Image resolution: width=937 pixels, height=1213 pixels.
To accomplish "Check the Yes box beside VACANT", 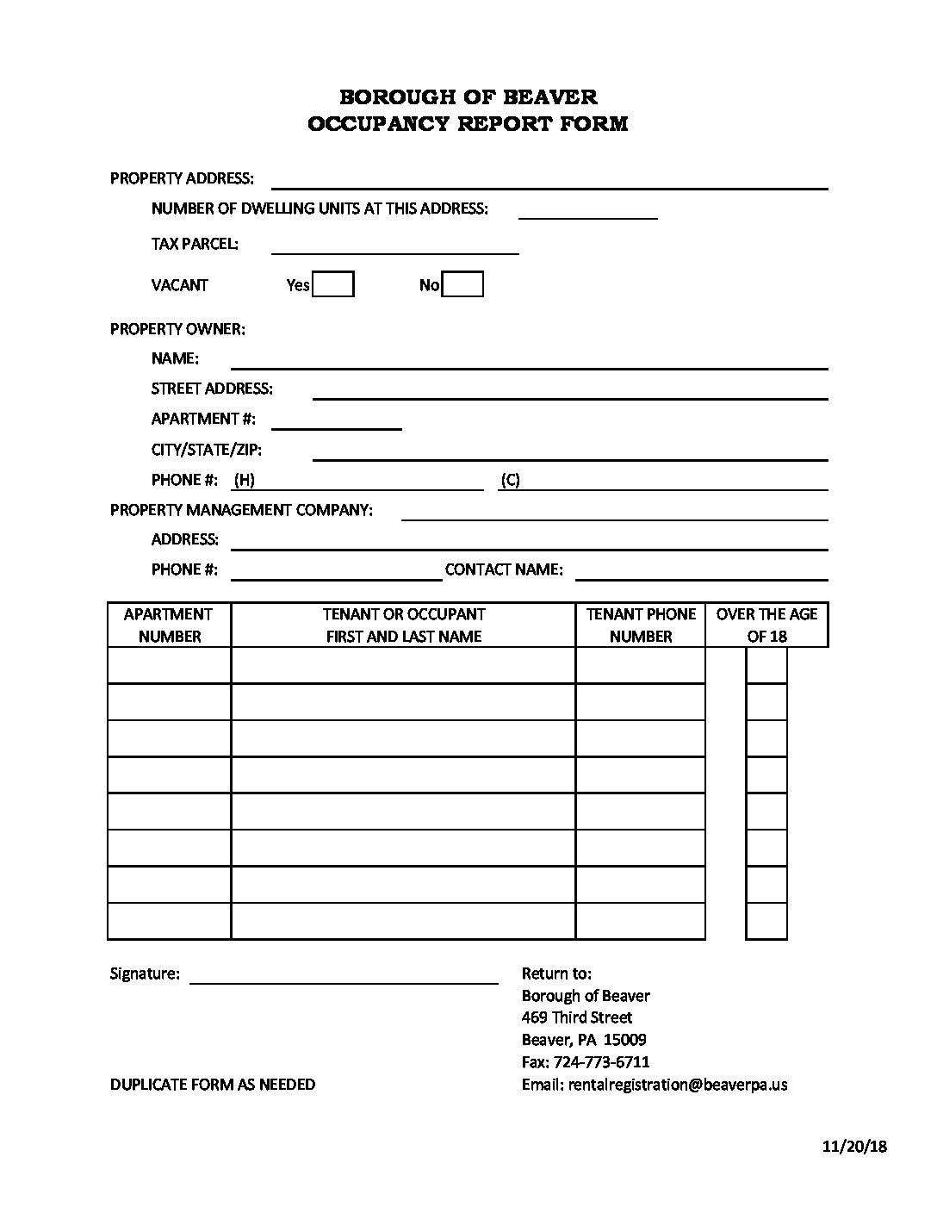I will pos(333,284).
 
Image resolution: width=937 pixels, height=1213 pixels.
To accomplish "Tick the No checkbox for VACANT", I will pos(462,284).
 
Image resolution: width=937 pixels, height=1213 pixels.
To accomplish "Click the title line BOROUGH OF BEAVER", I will pos(468,96).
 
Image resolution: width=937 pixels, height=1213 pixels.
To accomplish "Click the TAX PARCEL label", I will pos(195,244).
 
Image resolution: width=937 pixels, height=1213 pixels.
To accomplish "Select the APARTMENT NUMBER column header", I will pos(169,625).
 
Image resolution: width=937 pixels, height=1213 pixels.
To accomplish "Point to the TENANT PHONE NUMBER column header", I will pos(640,625).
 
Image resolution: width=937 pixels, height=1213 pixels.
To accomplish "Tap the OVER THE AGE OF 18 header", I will pos(766,625).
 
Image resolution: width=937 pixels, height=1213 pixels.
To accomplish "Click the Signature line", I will pos(344,975).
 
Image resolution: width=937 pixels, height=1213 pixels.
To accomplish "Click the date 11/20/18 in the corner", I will pos(853,1146).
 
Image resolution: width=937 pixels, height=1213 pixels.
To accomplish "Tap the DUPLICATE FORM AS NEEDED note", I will pos(213,1085).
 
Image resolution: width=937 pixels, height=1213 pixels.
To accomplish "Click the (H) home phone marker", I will pos(244,480).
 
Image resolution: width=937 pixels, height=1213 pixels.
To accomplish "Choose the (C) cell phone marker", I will pos(510,480).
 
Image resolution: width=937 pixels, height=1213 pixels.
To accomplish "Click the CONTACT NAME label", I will pos(504,569).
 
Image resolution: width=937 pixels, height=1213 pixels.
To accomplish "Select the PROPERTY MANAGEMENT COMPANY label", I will pos(241,510).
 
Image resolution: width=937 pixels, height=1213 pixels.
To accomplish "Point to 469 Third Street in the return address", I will pos(577,1017).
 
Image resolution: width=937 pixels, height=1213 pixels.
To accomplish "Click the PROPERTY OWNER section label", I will pos(177,329).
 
